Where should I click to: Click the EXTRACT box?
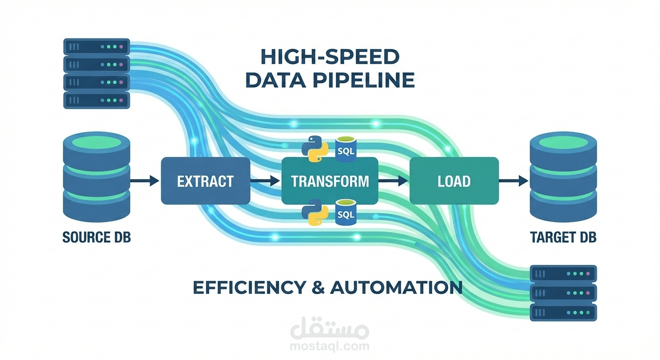[x=205, y=180]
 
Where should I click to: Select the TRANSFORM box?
[x=330, y=180]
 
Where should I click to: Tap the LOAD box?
[x=454, y=180]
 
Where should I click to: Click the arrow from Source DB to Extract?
[x=145, y=180]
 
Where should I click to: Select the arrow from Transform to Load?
[x=393, y=180]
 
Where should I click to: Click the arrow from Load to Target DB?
[x=514, y=180]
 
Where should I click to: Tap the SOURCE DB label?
[x=97, y=237]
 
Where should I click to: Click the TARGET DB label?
[x=563, y=237]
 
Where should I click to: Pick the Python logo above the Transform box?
[x=315, y=149]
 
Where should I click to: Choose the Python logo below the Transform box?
[x=315, y=212]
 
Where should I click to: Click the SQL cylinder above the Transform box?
[x=346, y=149]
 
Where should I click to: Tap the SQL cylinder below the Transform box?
[x=346, y=212]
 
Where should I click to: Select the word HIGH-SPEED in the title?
[x=330, y=57]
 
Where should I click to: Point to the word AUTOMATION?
[x=396, y=287]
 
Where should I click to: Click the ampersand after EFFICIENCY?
[x=318, y=287]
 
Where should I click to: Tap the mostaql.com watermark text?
[x=330, y=346]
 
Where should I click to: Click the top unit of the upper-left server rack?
[x=97, y=46]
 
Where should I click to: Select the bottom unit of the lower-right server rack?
[x=563, y=313]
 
